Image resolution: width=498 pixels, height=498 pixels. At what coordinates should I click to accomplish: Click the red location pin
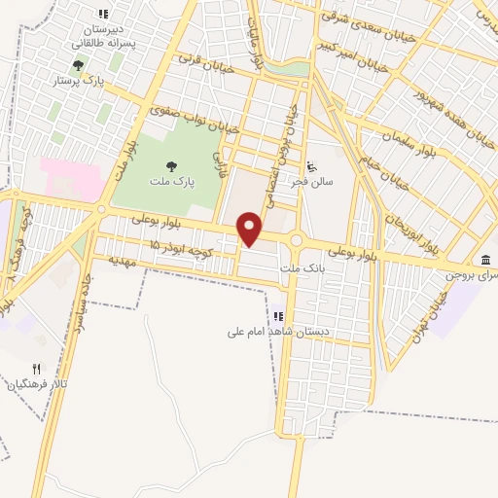click(x=251, y=230)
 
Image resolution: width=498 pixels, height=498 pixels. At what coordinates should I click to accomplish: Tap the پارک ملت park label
click(x=172, y=182)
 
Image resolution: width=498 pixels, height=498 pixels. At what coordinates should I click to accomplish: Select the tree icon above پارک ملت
click(x=172, y=167)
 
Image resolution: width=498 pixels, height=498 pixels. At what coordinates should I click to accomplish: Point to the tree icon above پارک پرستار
click(x=77, y=65)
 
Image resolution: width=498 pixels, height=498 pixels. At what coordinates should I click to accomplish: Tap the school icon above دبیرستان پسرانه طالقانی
click(x=103, y=14)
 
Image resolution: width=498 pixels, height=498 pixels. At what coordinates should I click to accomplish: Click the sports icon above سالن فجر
click(x=311, y=166)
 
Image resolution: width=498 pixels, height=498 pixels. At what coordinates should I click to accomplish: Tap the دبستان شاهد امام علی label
click(x=278, y=332)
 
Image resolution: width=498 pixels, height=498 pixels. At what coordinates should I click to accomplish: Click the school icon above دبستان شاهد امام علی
click(x=278, y=316)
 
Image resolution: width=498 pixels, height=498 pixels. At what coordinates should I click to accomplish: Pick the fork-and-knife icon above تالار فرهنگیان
click(x=37, y=369)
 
